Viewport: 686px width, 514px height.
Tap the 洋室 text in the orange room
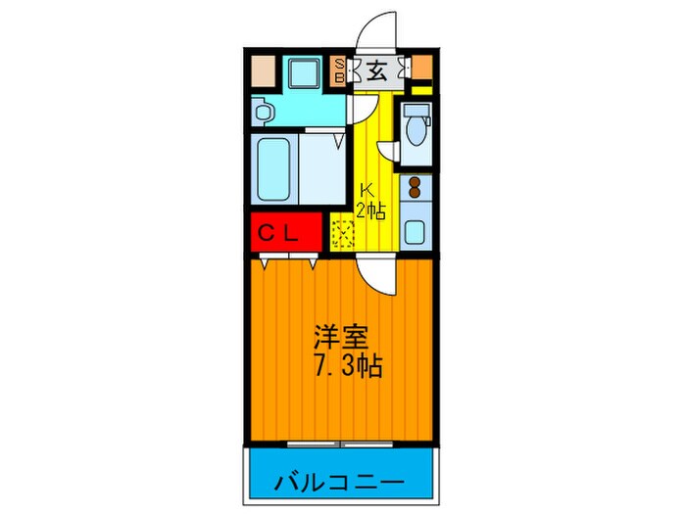tap(340, 340)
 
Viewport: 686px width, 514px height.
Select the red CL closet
tap(285, 232)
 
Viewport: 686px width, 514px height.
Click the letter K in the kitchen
tap(366, 191)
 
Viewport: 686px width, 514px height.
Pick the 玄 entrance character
tap(378, 70)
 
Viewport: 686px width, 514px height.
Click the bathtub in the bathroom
tap(275, 170)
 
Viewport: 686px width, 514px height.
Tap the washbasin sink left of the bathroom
tap(262, 111)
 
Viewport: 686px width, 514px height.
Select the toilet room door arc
tap(388, 152)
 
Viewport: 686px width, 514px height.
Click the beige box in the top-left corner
tap(262, 70)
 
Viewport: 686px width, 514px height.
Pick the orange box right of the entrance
tap(421, 67)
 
